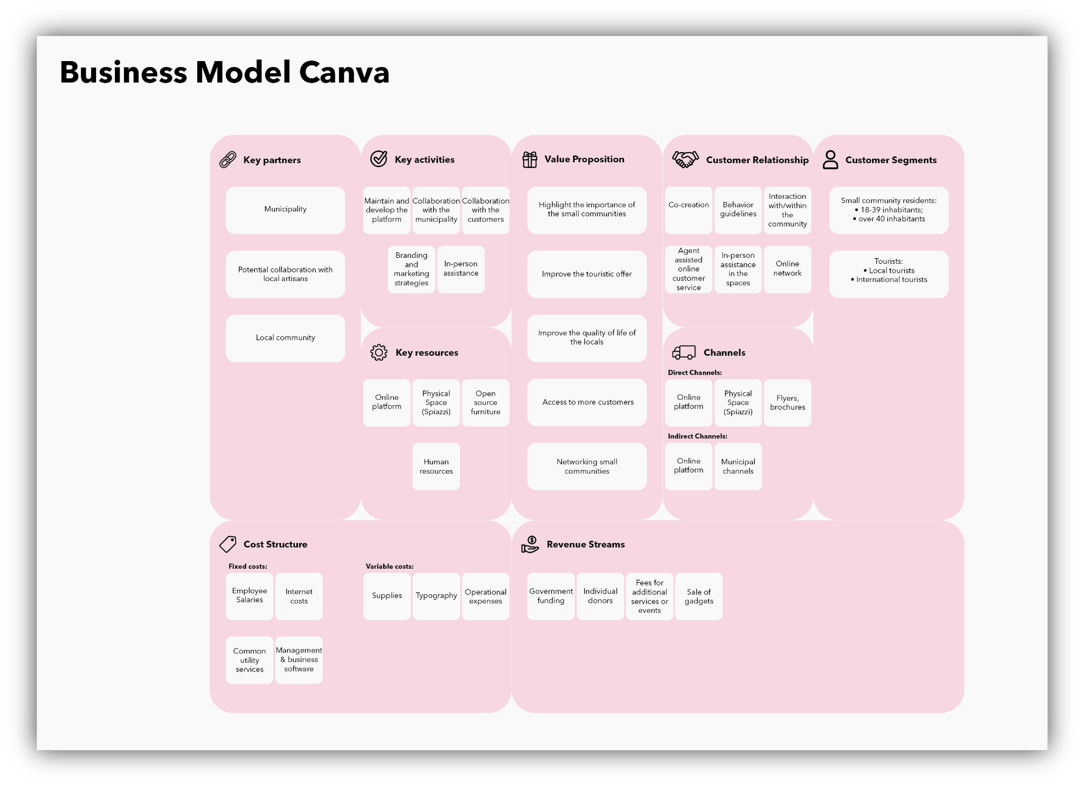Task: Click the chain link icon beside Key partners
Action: tap(228, 159)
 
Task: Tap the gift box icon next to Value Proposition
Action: tap(529, 159)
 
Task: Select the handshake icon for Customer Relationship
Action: tap(685, 159)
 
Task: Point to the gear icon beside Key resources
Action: tap(379, 353)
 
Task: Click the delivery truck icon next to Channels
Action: tap(683, 353)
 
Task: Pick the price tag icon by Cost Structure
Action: tap(228, 544)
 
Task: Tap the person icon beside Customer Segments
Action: tap(830, 159)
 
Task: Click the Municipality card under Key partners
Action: tap(285, 210)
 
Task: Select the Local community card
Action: tap(285, 338)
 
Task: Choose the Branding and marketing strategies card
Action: tap(411, 269)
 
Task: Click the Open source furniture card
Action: tap(485, 402)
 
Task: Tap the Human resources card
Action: tap(436, 466)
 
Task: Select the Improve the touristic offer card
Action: tap(587, 274)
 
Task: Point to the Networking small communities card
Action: tap(587, 466)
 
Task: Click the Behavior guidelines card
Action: tap(738, 210)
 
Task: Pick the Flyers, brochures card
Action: tap(787, 402)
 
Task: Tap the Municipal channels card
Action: tap(738, 466)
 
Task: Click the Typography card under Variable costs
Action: tap(436, 596)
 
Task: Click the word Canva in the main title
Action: tap(344, 73)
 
